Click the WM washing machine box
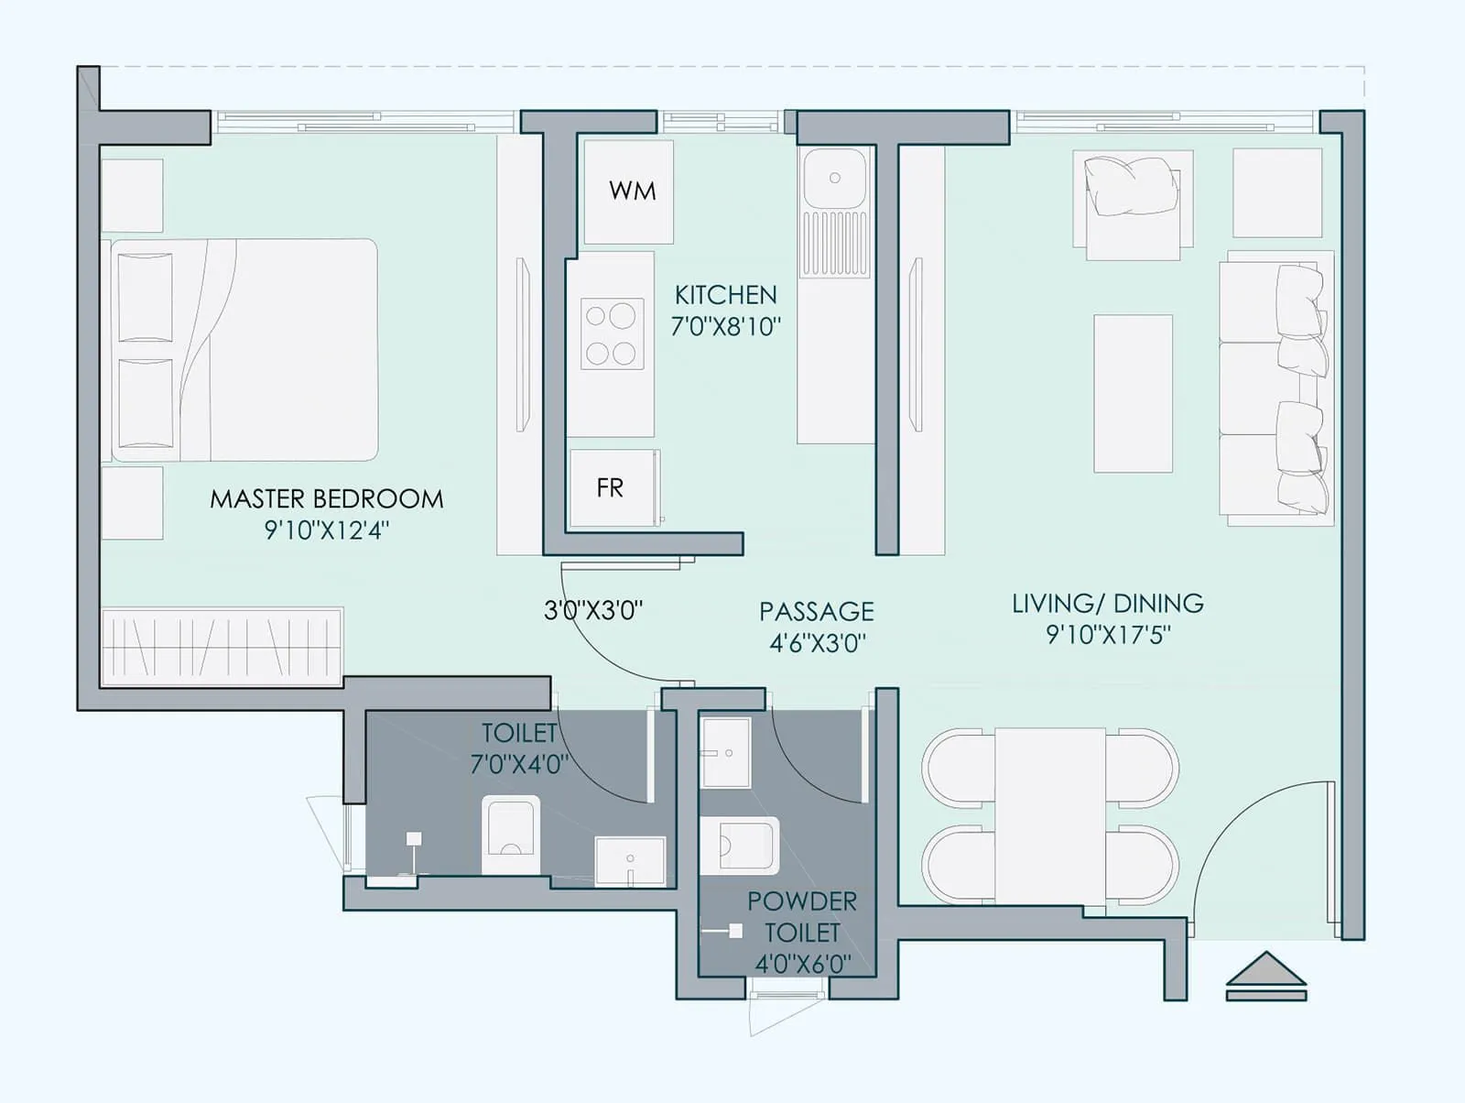coord(630,191)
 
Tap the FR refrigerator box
coord(611,488)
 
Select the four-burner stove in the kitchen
coord(612,334)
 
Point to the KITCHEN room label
coord(725,295)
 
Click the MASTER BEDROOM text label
coord(327,499)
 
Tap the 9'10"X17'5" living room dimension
coord(1108,635)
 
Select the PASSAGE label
coord(816,611)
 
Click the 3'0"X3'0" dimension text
coord(593,611)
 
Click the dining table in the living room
coord(1050,815)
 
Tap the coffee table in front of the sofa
coord(1133,393)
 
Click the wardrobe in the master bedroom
coord(222,647)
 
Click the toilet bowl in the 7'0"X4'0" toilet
coord(510,833)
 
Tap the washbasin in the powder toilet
coord(725,753)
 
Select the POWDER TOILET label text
coord(802,916)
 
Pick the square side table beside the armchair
coord(1276,192)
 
